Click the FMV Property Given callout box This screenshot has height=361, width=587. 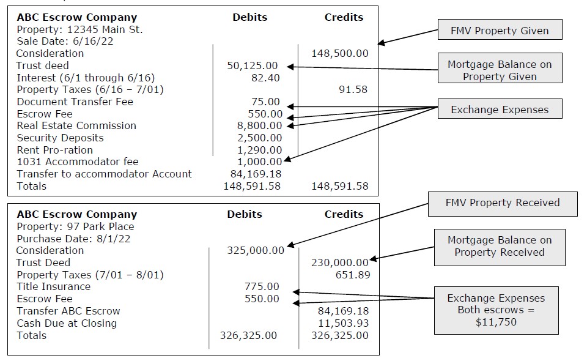pos(500,31)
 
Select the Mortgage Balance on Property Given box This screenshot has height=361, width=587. pos(500,70)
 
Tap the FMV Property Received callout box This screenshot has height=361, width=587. pos(503,203)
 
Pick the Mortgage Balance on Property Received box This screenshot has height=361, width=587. pos(499,246)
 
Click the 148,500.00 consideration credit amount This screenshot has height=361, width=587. pos(340,54)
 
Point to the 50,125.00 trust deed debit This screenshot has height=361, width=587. pos(252,65)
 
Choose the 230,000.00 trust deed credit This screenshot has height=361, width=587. pos(340,262)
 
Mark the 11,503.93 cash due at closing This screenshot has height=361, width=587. pos(344,323)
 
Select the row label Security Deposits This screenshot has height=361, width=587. pos(60,138)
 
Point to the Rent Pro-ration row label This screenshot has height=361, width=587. pos(55,150)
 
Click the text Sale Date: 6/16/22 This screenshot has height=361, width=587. pos(65,42)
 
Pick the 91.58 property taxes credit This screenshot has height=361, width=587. pos(353,90)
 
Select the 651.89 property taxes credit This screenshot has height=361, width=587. pos(353,275)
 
